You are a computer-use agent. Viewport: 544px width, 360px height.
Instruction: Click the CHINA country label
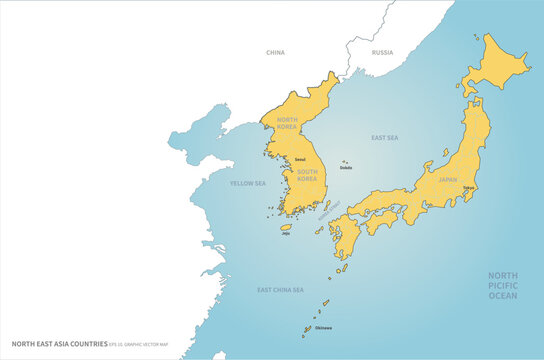coord(275,52)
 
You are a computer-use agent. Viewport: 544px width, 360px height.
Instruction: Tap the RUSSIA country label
coord(382,52)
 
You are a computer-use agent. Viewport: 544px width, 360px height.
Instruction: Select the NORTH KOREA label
coord(287,124)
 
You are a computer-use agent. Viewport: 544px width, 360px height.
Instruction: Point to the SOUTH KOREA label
coord(307,174)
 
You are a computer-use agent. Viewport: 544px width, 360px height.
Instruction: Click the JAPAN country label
coord(447,180)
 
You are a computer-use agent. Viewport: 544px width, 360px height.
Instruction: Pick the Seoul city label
coord(300,159)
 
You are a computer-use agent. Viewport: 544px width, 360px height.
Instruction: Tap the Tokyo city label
coord(468,188)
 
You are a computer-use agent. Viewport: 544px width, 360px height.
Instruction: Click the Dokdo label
coord(346,167)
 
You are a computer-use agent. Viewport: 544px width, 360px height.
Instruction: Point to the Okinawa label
coord(323,327)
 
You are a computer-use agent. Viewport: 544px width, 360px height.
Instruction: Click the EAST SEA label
coord(384,137)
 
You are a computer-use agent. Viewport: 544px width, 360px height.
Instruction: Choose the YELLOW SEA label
coord(248,183)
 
